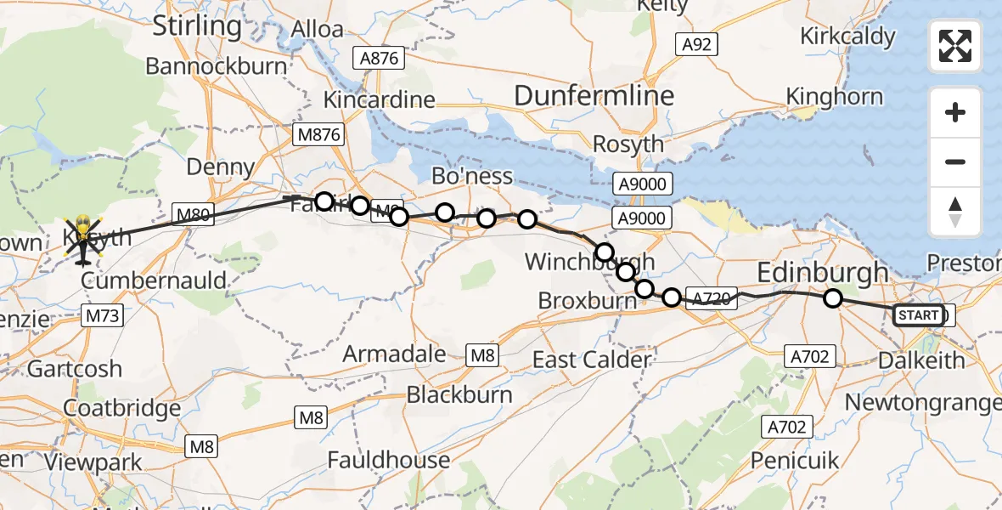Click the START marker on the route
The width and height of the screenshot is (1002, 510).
pos(919,316)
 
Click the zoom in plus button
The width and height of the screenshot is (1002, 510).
pos(955,112)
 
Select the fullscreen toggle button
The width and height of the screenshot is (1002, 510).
pos(955,46)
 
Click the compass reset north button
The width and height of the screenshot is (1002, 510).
pos(955,212)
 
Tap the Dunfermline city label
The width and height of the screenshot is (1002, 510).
pos(594,96)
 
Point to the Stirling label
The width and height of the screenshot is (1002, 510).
pos(197,26)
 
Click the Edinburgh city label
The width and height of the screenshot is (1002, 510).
pos(822,273)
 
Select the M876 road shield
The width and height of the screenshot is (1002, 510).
pos(318,134)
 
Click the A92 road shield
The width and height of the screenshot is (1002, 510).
pos(696,45)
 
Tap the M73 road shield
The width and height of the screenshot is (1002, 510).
pos(104,317)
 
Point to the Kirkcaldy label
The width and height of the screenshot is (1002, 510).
pos(847,37)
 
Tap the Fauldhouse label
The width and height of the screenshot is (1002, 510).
pos(389,461)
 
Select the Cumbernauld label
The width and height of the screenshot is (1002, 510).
pos(153,280)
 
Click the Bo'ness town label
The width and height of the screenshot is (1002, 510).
pos(472,176)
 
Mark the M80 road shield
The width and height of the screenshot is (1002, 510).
pos(194,214)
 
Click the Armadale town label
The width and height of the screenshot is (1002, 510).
pos(394,354)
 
